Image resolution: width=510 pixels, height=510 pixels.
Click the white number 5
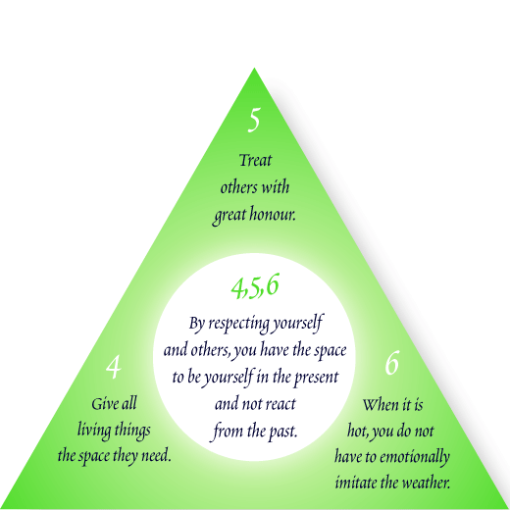254,120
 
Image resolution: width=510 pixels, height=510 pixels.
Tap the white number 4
114,367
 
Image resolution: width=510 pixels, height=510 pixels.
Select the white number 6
392,363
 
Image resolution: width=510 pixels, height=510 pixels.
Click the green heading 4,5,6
255,286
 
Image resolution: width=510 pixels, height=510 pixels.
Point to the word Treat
255,160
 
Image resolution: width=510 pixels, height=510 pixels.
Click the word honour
273,215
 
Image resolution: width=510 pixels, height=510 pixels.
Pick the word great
229,216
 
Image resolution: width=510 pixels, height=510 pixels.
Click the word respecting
239,325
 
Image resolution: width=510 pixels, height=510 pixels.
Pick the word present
316,378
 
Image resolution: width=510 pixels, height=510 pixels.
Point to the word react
280,404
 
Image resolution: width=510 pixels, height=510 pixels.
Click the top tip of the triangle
254,68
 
